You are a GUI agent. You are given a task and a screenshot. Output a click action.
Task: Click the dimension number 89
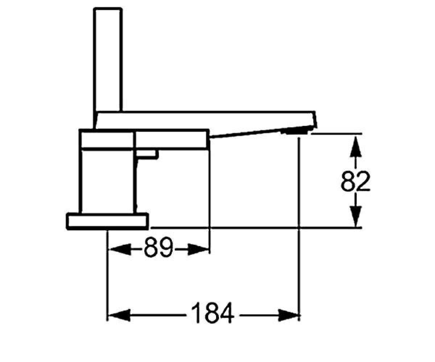tap(158, 248)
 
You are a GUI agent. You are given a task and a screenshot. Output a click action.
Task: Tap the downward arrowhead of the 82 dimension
tap(356, 216)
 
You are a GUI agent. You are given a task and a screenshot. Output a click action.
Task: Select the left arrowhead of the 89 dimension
tap(120, 249)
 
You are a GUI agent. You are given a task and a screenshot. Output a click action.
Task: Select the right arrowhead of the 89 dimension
tap(198, 249)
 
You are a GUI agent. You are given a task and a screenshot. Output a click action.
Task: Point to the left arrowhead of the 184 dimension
tap(120, 315)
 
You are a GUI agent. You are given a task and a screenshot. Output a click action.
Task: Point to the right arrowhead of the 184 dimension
tap(289, 315)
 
